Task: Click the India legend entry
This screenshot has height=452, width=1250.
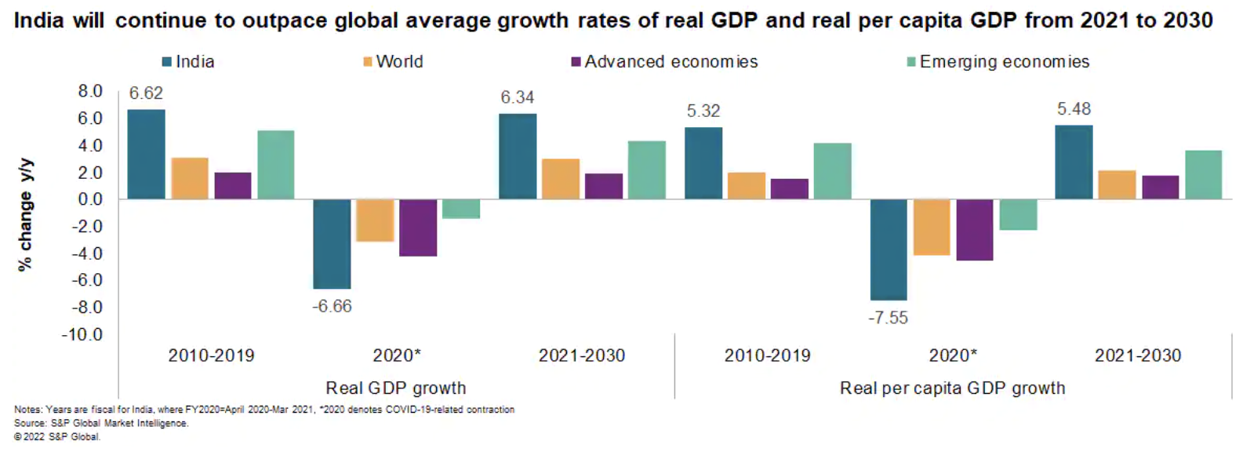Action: [188, 62]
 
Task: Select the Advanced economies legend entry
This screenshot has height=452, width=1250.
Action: [665, 62]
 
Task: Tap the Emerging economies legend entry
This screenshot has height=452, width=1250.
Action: [998, 62]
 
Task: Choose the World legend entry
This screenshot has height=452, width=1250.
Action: [394, 62]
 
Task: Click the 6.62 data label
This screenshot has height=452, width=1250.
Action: [146, 93]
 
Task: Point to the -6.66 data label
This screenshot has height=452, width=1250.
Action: [332, 306]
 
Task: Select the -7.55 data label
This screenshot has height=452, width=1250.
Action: [888, 318]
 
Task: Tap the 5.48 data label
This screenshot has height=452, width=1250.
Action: [1074, 109]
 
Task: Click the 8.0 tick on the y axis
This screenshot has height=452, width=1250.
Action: [90, 92]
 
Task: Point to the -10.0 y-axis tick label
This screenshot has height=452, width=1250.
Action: [83, 335]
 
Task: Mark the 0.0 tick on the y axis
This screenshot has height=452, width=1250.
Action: [90, 199]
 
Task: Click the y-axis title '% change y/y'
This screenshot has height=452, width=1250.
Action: [25, 214]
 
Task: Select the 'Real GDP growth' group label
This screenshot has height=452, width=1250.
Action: [396, 388]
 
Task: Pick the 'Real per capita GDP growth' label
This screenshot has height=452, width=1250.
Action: [952, 388]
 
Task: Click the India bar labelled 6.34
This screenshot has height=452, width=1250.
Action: [518, 156]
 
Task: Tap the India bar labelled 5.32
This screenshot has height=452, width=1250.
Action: [703, 163]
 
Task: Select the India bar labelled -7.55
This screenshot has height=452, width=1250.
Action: [888, 250]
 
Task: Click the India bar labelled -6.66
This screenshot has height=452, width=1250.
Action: [332, 244]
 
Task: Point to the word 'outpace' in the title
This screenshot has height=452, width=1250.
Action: [285, 20]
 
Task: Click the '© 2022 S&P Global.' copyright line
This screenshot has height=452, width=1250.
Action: [57, 437]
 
